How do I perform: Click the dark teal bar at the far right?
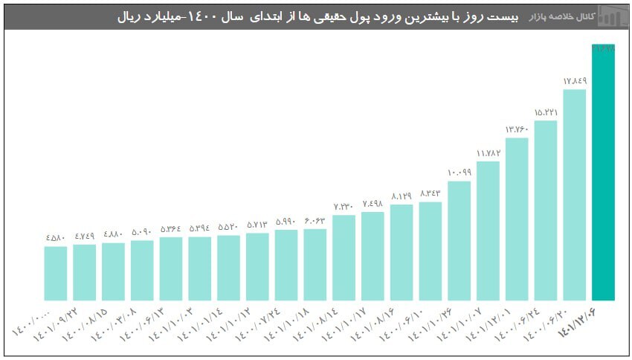(603, 173)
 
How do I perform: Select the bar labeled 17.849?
(574, 195)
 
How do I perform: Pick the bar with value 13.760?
(517, 219)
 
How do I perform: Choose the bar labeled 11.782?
(488, 231)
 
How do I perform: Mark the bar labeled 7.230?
(344, 257)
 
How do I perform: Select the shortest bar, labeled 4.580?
(55, 273)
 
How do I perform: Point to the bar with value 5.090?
(142, 270)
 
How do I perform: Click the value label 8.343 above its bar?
(430, 193)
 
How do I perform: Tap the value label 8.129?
(402, 196)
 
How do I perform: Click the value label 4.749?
(84, 237)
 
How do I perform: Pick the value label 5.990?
(286, 222)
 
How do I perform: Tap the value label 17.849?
(574, 80)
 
